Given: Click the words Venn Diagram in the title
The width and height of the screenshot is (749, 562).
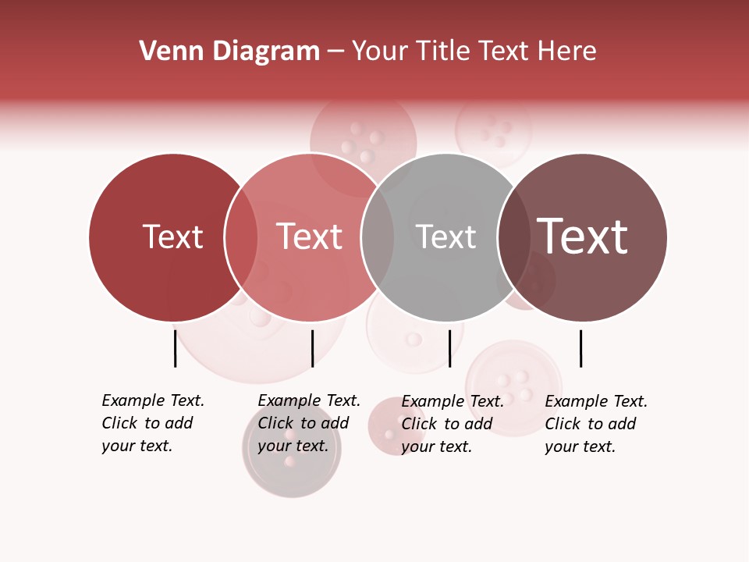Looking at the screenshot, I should [x=229, y=52].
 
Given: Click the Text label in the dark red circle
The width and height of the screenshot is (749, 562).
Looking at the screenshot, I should [x=172, y=237].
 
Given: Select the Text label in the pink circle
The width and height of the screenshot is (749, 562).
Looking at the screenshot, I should [x=309, y=237].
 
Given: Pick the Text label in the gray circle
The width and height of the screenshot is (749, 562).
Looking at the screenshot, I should [x=445, y=237].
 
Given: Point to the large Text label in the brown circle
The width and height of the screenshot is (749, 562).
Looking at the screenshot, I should [x=582, y=237].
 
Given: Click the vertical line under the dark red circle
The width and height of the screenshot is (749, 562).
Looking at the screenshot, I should [x=175, y=348].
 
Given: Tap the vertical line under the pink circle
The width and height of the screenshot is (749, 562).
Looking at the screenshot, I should [x=312, y=348].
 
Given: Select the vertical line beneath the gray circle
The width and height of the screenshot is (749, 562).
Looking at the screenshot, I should [x=449, y=348].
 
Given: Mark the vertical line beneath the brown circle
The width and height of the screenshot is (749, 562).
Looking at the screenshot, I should [x=580, y=348].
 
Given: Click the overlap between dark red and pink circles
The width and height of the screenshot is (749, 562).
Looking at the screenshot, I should [x=241, y=237].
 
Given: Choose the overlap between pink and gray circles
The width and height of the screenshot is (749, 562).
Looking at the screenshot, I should [x=377, y=237].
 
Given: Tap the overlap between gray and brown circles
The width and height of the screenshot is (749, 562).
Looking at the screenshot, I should [x=513, y=237].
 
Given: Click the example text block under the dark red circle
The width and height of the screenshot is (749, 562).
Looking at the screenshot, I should [x=153, y=423].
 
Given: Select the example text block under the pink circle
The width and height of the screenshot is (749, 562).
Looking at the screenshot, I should [x=309, y=423].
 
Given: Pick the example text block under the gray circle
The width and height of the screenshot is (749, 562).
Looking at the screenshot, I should [x=453, y=424].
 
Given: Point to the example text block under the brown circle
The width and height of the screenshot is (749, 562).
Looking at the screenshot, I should [x=596, y=424].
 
